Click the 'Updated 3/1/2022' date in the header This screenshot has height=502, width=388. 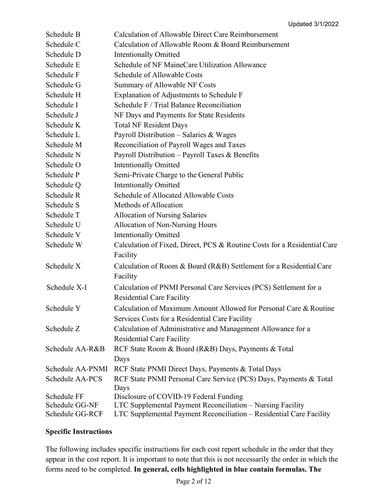click(313, 24)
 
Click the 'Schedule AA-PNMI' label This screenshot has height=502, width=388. click(77, 369)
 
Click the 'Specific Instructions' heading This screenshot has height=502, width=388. click(79, 431)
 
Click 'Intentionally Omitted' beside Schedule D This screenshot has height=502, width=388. click(147, 55)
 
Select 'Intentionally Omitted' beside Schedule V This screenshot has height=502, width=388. click(147, 235)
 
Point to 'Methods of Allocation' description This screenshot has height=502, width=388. click(148, 205)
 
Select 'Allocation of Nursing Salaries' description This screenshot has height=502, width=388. click(160, 215)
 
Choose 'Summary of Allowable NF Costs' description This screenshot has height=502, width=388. click(165, 85)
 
